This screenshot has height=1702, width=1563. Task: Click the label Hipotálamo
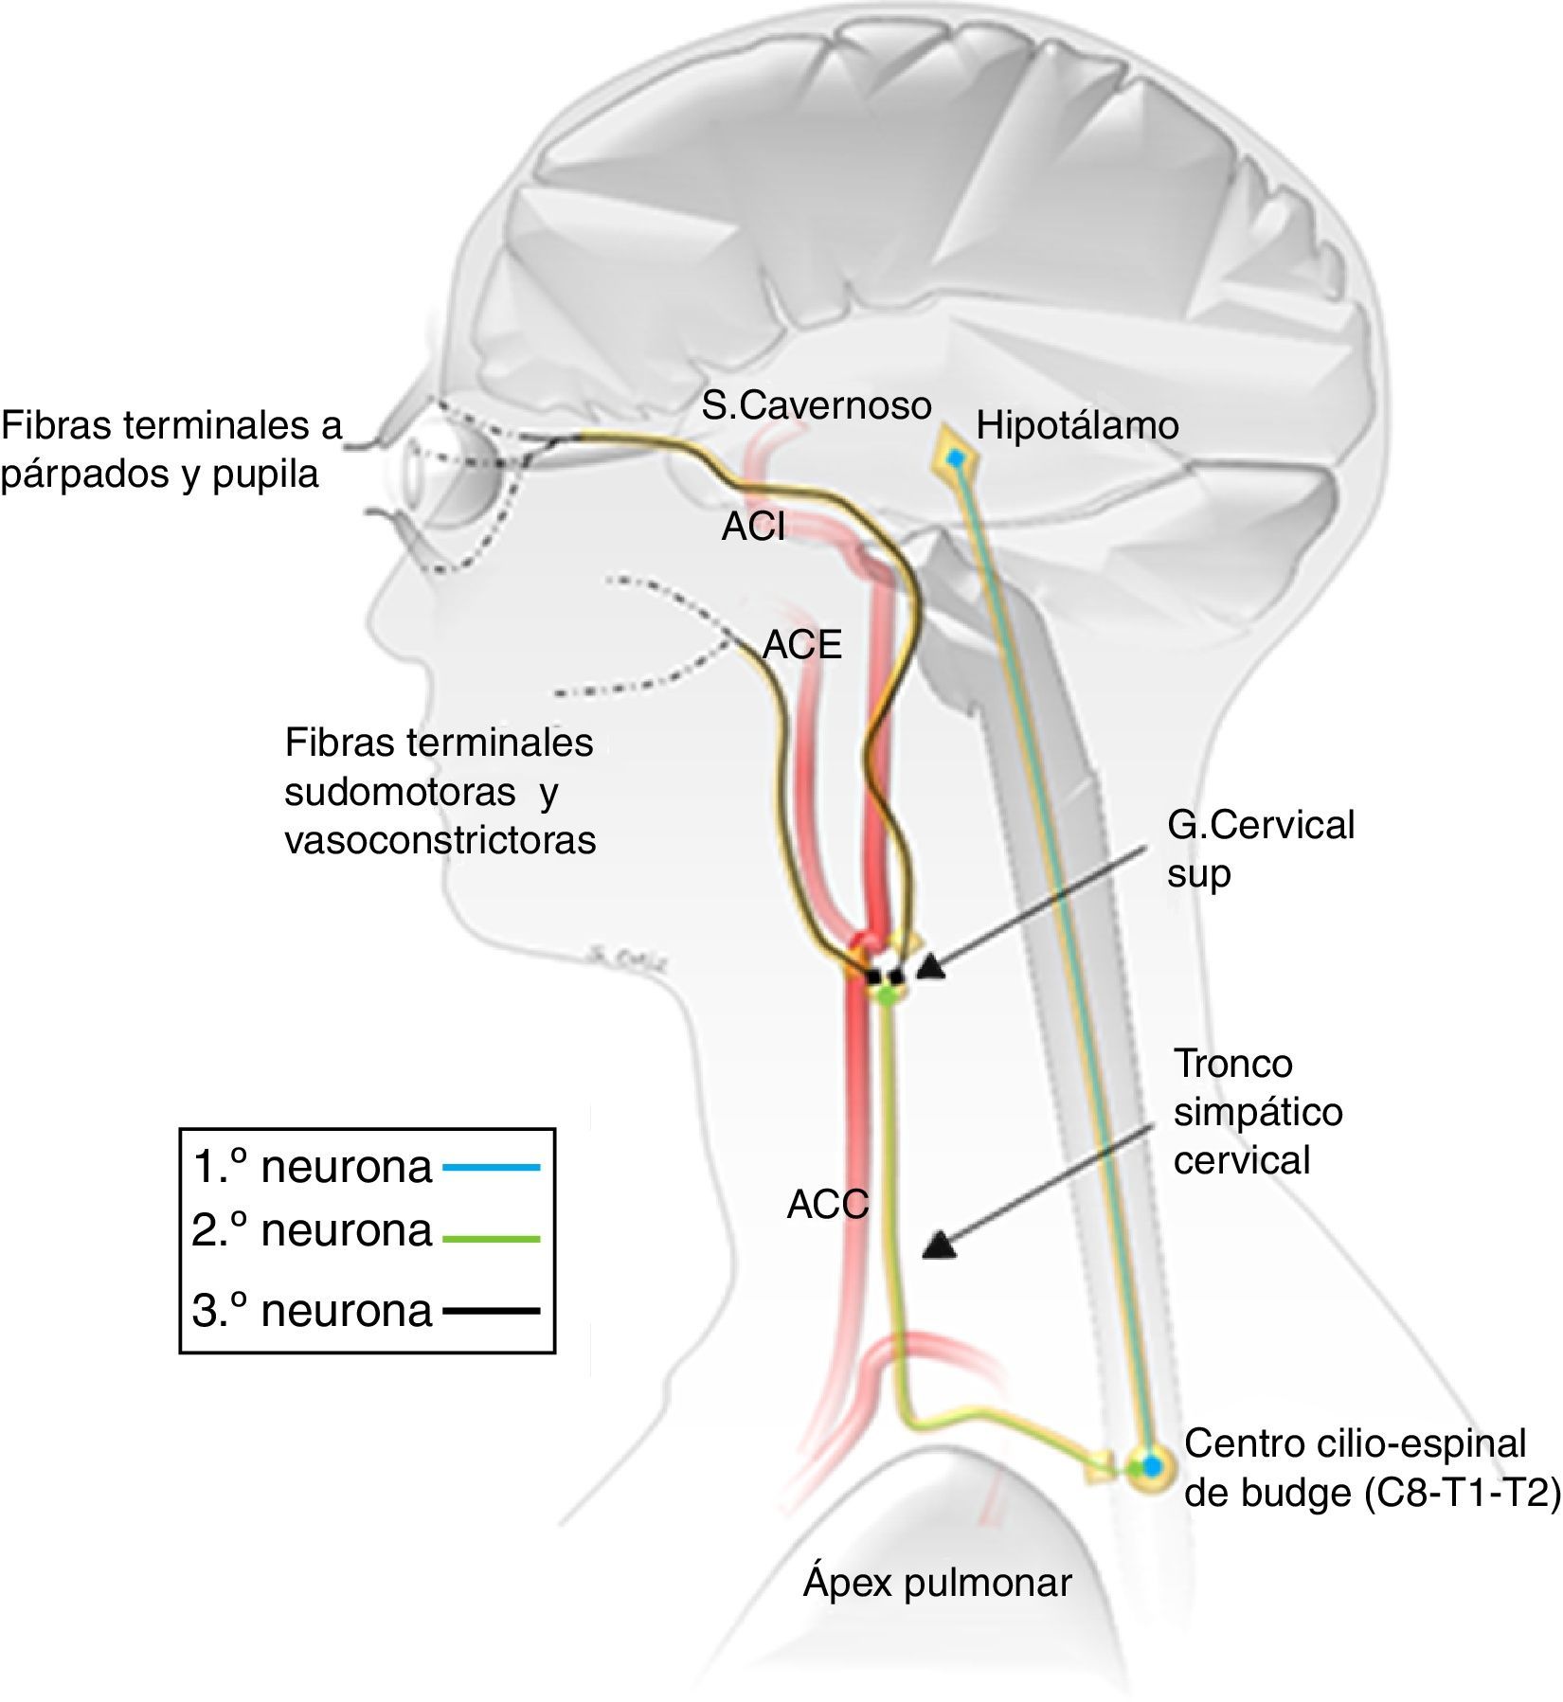[1077, 425]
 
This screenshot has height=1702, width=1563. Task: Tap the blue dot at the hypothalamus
[956, 459]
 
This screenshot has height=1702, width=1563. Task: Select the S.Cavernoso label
[817, 405]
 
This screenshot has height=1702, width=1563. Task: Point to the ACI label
[753, 527]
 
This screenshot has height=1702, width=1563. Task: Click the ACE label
[802, 645]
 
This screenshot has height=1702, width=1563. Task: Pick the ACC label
[827, 1205]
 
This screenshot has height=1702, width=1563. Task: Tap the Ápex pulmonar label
[937, 1582]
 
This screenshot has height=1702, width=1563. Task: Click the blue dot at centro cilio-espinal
[1151, 1465]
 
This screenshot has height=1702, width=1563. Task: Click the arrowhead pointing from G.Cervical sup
[931, 966]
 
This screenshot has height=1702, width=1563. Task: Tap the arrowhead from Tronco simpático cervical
[940, 1245]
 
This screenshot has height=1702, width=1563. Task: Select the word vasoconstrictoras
[440, 840]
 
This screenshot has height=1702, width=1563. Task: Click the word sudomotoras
[400, 792]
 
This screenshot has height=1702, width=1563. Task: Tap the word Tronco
[1232, 1063]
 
